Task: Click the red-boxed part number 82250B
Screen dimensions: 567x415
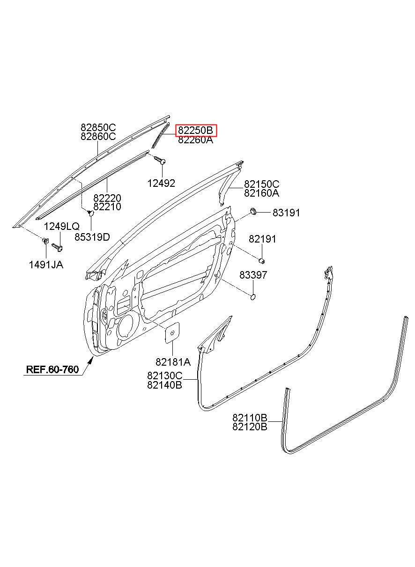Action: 197,130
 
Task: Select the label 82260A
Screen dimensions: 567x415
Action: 195,140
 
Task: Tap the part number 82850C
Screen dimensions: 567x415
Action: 98,127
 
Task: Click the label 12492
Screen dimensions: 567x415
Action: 161,184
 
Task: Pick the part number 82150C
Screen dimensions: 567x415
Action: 261,184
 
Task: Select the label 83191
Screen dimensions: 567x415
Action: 286,213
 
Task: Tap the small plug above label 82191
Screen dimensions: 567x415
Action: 263,260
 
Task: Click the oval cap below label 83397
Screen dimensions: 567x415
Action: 252,296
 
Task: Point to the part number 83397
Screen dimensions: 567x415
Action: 253,275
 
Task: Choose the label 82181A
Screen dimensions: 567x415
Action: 173,361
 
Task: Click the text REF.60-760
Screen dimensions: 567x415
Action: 52,369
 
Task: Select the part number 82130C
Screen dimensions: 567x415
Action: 164,376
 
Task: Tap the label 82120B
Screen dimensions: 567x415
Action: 250,427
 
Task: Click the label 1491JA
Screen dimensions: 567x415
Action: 46,265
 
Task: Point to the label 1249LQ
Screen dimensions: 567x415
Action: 62,227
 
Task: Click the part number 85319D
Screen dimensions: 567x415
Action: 92,237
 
